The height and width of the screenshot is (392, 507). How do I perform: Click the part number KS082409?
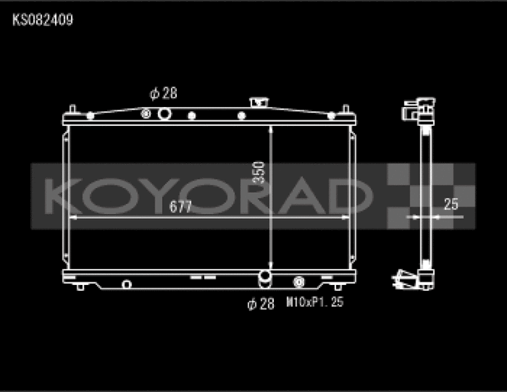pyautogui.click(x=43, y=20)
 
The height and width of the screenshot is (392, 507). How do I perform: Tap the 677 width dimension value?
pyautogui.click(x=180, y=207)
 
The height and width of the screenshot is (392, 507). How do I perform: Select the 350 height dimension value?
pyautogui.click(x=258, y=172)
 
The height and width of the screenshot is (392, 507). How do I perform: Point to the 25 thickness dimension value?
pyautogui.click(x=451, y=204)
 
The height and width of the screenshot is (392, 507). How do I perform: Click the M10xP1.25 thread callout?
pyautogui.click(x=315, y=302)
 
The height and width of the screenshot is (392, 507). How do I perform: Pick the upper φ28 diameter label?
pyautogui.click(x=163, y=94)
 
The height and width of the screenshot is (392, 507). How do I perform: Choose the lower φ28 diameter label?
pyautogui.click(x=261, y=304)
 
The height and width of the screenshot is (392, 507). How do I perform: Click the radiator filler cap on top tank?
pyautogui.click(x=259, y=102)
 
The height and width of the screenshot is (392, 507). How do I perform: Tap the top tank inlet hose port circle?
pyautogui.click(x=164, y=114)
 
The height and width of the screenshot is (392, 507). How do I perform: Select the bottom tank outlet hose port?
pyautogui.click(x=265, y=279)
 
